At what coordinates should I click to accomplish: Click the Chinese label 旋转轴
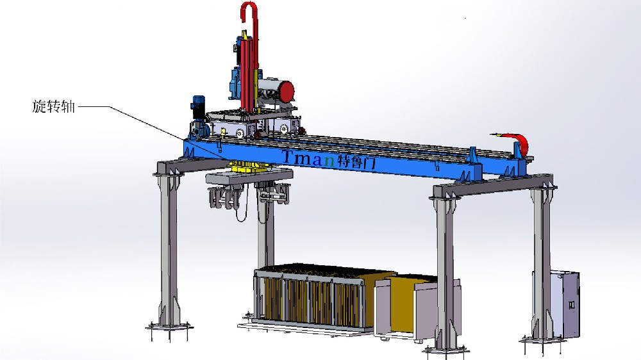click(x=54, y=106)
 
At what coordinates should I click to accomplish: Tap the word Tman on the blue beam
click(x=309, y=158)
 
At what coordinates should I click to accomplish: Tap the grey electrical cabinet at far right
click(x=556, y=304)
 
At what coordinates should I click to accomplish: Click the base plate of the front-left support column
click(x=169, y=326)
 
